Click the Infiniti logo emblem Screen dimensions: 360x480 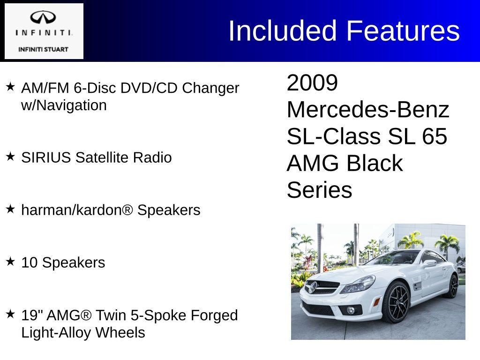(43, 18)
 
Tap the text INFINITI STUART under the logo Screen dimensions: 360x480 (43, 49)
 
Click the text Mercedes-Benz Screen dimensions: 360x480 (368, 110)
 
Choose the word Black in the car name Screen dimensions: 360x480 (375, 164)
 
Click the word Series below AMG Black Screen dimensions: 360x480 (319, 190)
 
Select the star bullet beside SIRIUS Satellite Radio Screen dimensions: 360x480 (10, 157)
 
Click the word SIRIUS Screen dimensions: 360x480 (46, 157)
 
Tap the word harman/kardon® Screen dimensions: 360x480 (77, 210)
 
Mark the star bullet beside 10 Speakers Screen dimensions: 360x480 (10, 262)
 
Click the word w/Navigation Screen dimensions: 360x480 (64, 105)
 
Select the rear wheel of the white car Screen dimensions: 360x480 (452, 286)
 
